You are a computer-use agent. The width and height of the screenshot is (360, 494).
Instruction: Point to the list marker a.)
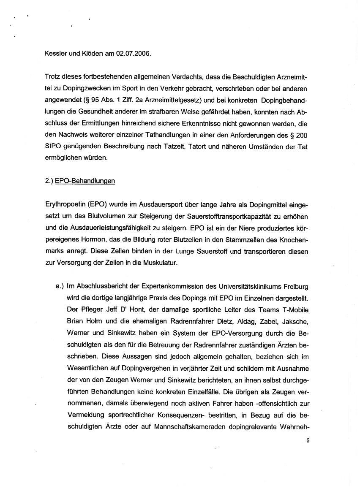point(60,286)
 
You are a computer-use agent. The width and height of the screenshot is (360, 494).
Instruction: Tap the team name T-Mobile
point(294,309)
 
